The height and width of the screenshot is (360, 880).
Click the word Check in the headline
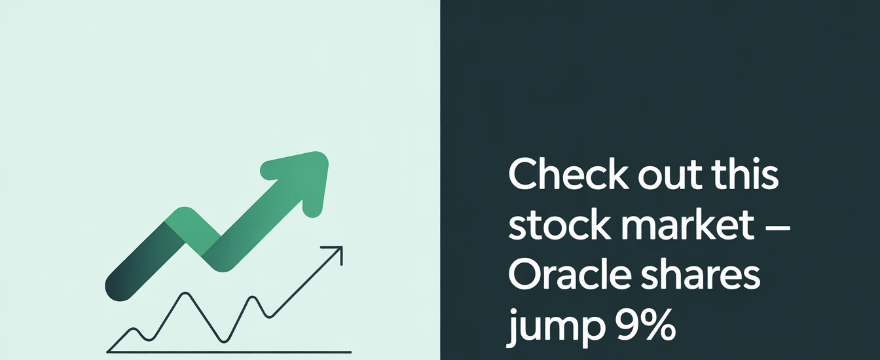tap(567, 174)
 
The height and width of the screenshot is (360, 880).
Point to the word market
tap(687, 224)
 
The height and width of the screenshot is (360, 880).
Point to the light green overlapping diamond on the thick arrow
tap(192, 232)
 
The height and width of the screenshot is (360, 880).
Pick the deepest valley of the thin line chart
tap(224, 342)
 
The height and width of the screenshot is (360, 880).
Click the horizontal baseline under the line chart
tap(229, 352)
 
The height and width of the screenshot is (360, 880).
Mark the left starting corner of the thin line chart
tap(107, 351)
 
